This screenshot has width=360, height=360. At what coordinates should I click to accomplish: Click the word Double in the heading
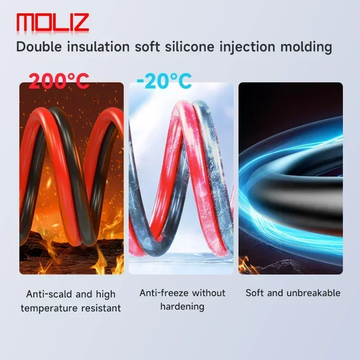click(39, 47)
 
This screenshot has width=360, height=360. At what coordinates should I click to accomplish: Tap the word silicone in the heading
click(189, 47)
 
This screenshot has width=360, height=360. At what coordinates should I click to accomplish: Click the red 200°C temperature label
click(59, 81)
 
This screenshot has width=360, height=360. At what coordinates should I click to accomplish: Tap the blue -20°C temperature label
click(164, 81)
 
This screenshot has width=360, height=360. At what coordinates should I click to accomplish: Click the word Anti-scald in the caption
click(49, 294)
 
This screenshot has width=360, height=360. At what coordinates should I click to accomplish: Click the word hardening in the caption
click(182, 307)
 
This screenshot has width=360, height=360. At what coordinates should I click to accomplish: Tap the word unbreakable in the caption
click(313, 293)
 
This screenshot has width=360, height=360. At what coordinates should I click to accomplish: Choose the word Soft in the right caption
click(254, 293)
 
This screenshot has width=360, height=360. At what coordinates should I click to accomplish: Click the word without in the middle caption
click(209, 293)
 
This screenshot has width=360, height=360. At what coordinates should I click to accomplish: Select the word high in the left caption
click(106, 295)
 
